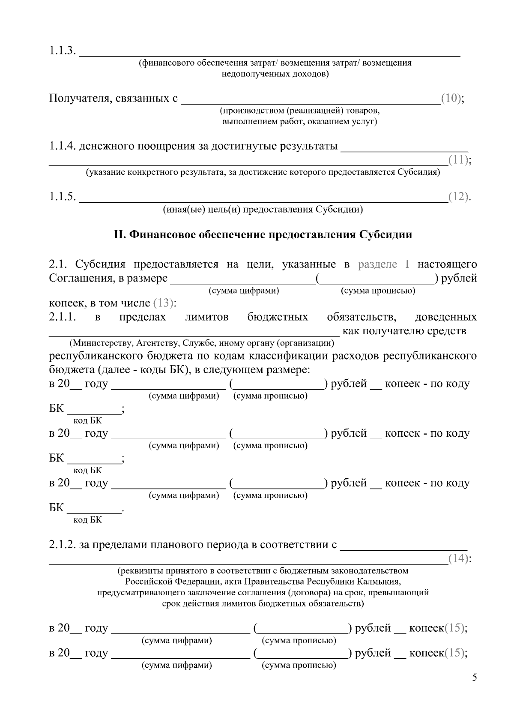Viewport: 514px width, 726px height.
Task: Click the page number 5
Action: [x=474, y=678]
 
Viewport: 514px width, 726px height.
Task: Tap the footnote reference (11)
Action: [x=458, y=160]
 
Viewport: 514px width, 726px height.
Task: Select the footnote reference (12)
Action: [x=458, y=197]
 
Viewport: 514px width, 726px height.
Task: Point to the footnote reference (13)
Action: [x=163, y=303]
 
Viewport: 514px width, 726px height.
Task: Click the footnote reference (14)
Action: [x=458, y=559]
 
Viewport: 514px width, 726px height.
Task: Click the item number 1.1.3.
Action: [x=63, y=51]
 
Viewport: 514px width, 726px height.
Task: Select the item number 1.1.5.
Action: [x=63, y=197]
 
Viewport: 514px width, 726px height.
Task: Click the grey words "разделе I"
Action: [x=384, y=264]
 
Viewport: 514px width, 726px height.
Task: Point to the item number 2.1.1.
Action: [x=63, y=317]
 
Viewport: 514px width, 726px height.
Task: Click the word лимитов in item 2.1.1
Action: [x=207, y=317]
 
